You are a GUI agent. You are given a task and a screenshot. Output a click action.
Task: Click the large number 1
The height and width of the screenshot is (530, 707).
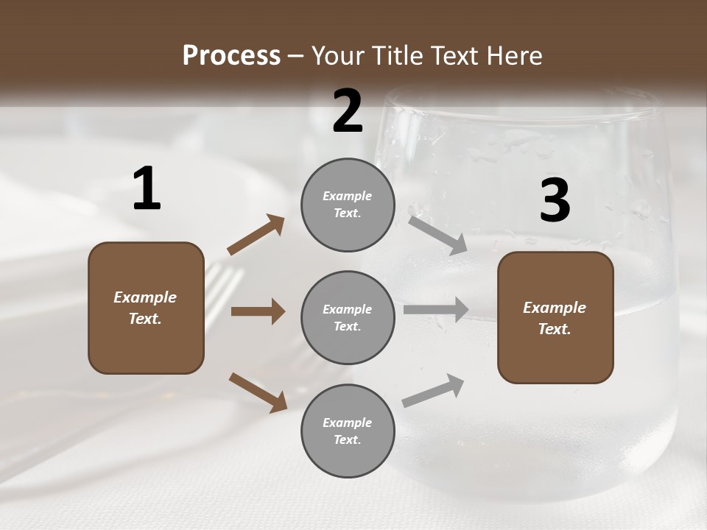click(x=147, y=189)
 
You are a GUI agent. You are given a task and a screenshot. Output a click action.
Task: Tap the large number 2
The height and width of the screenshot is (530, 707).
click(x=348, y=111)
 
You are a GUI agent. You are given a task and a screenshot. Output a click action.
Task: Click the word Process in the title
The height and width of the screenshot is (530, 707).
click(x=231, y=55)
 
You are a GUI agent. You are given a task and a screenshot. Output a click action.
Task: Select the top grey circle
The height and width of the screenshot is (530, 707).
click(x=348, y=205)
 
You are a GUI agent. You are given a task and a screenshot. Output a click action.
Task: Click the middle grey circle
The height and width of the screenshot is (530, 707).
click(x=348, y=318)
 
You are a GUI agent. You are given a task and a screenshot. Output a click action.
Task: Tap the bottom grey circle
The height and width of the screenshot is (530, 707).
click(x=348, y=431)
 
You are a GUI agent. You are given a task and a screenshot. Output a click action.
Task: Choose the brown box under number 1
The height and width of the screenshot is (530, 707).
click(x=146, y=308)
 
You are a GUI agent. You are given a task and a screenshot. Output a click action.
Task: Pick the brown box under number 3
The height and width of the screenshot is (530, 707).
click(x=555, y=318)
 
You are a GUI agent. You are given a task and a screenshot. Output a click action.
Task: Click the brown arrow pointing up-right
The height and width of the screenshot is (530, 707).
click(x=256, y=235)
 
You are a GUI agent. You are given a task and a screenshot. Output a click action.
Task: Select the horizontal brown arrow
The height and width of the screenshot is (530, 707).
click(x=258, y=311)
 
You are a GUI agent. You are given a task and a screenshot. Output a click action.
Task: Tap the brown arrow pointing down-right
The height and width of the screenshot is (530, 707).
click(x=258, y=392)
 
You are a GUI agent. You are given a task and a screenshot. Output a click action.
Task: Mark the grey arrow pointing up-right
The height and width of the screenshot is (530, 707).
click(x=433, y=391)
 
